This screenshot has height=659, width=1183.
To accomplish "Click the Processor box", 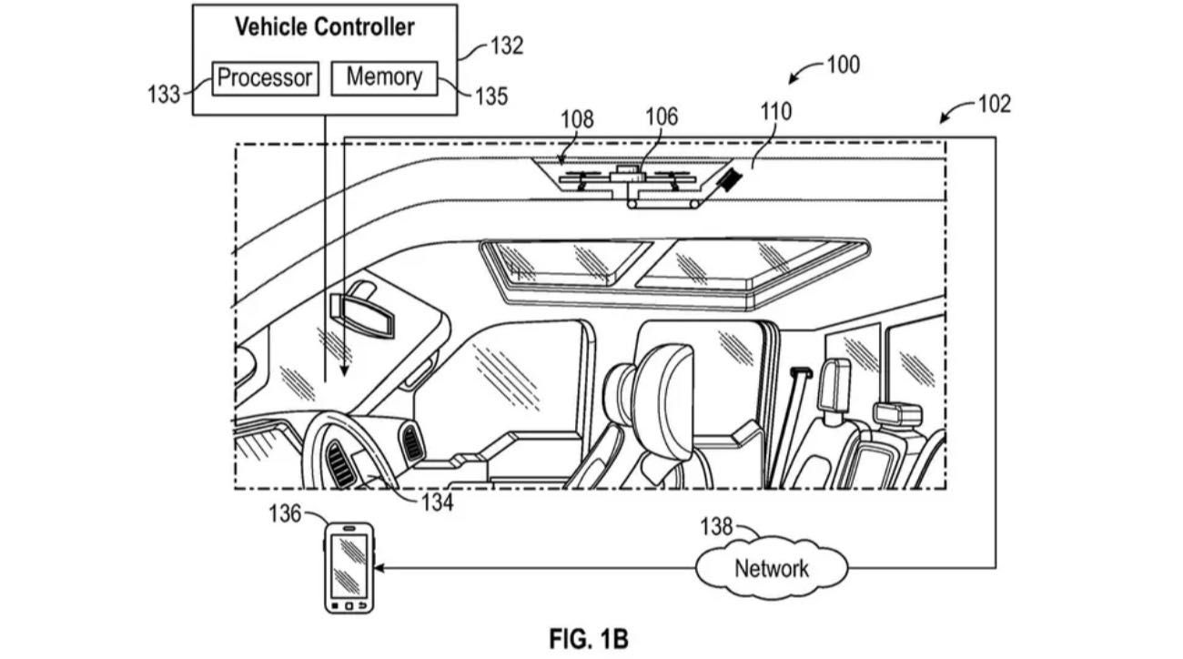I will [265, 77].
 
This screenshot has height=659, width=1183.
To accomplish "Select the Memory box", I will [383, 77].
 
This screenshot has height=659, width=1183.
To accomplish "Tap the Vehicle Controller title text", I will [325, 27].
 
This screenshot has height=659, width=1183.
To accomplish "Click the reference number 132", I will [506, 46].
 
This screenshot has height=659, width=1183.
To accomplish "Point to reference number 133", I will [164, 94].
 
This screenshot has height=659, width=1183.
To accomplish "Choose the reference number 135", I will [490, 96].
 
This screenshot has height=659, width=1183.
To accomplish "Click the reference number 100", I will [842, 66].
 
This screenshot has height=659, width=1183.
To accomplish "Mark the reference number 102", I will [994, 104].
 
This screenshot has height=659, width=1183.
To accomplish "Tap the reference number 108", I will [577, 119].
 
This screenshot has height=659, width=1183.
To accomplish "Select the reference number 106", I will [662, 117].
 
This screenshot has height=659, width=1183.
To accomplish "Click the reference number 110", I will [775, 112].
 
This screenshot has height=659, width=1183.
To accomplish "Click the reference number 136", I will [285, 514].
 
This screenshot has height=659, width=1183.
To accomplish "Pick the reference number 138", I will [716, 527].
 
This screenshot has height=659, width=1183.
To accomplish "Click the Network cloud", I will [772, 569].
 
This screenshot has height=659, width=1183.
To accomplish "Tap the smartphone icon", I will [349, 567].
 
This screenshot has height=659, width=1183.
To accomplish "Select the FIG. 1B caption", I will [589, 639].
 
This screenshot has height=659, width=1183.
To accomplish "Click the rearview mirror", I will [361, 313].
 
